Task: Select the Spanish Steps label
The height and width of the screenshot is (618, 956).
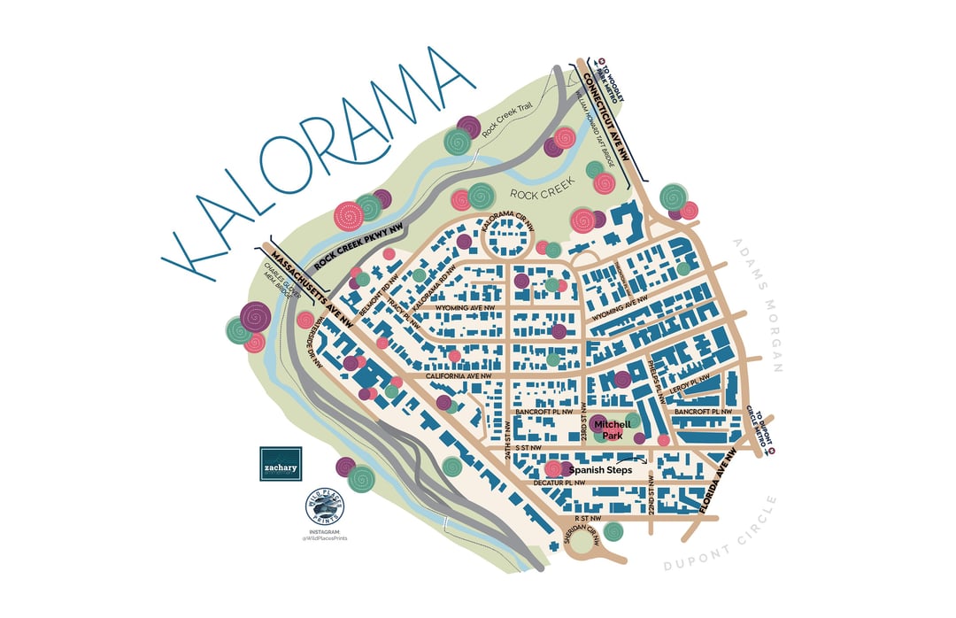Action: pyautogui.click(x=601, y=470)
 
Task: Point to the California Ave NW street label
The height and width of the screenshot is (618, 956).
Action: pyautogui.click(x=458, y=375)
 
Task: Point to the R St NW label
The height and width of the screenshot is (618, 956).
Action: pyautogui.click(x=587, y=517)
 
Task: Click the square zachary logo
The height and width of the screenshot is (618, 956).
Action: pyautogui.click(x=281, y=462)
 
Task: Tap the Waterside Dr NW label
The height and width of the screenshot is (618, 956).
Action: pyautogui.click(x=312, y=341)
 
